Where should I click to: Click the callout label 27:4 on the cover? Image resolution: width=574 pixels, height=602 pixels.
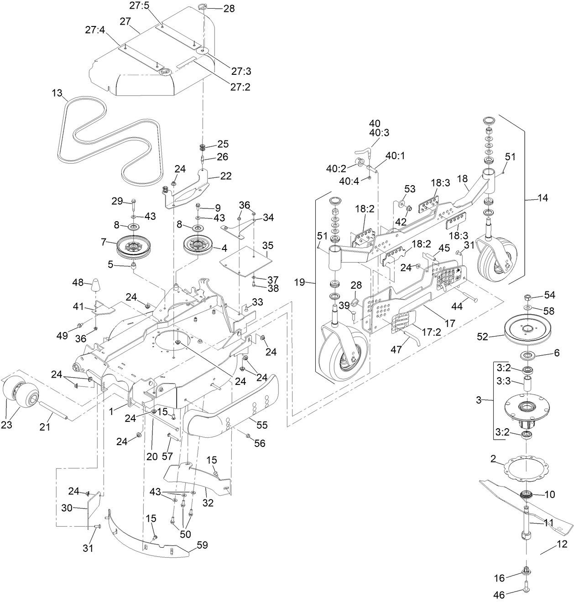coord(95,30)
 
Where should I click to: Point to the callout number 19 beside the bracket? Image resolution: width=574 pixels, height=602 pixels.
coord(299,283)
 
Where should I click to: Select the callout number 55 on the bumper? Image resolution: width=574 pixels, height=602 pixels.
coord(262,425)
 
